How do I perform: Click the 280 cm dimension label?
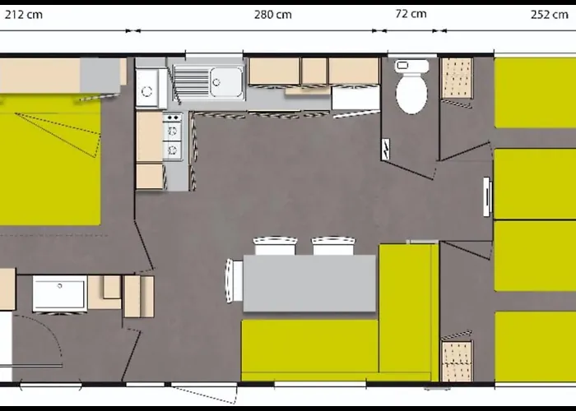point(273,15)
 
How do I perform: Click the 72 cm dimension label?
point(411,14)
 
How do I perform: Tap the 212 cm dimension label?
point(24,15)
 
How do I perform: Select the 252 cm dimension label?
point(550,15)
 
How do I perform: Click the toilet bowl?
point(411,93)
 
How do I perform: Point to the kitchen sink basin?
point(226,82)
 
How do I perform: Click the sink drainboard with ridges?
point(191,82)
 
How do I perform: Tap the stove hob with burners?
point(173,136)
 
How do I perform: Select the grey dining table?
point(309,283)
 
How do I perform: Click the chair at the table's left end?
point(234,281)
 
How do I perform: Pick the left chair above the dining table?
point(275,246)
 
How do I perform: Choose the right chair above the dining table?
point(333,246)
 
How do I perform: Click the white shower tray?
point(60,293)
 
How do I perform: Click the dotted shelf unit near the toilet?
point(457,78)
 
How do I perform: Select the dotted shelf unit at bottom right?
point(457,362)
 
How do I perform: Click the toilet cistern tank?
point(411,66)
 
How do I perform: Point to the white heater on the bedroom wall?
point(487,196)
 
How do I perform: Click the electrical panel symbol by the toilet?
point(385,149)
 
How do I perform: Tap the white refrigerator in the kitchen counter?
point(355,97)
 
